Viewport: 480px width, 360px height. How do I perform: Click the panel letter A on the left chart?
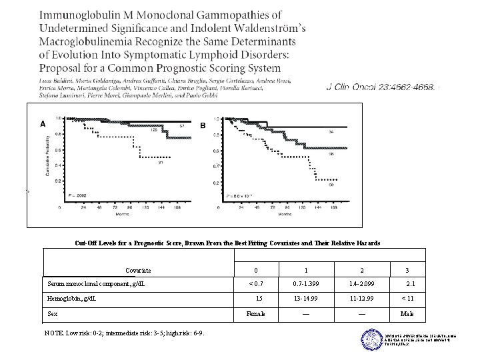click(43, 123)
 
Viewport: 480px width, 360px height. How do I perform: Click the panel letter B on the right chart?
click(203, 125)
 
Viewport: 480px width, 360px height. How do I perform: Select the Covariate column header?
click(138, 270)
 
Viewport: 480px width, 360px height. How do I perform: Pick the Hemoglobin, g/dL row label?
click(72, 298)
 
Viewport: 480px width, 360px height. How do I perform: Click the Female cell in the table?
click(256, 313)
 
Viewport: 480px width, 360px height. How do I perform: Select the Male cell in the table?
click(407, 313)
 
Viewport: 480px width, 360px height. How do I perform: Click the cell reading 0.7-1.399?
click(306, 284)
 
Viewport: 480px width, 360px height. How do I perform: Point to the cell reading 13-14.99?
click(306, 298)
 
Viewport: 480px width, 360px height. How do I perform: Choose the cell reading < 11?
click(407, 298)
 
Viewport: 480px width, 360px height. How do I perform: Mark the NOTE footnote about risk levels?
click(123, 333)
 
